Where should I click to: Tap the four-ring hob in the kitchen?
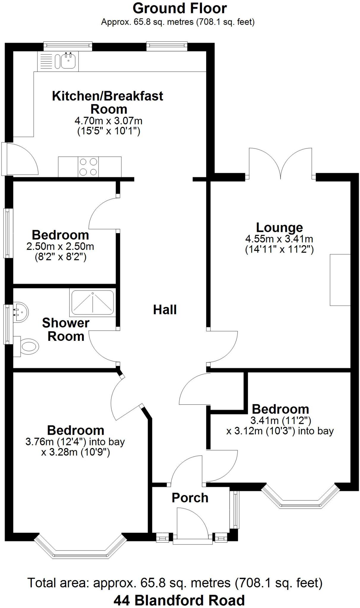point(89,167)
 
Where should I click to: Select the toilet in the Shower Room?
point(28,346)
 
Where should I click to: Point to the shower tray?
point(92,303)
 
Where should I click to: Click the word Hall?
point(165,310)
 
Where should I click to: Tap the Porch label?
point(190,498)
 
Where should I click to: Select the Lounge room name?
point(280,227)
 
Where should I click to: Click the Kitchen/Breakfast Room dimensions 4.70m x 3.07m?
point(108,121)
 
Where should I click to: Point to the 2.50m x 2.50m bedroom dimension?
point(60,246)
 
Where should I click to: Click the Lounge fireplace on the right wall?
point(340,280)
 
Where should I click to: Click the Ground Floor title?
point(180,8)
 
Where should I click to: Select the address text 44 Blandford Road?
point(179,600)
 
